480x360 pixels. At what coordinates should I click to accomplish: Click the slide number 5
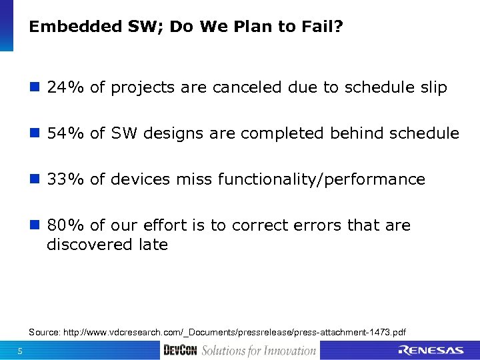[x=21, y=351]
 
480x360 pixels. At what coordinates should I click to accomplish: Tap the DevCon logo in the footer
[x=180, y=351]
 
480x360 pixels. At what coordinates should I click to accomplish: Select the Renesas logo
[x=431, y=351]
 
